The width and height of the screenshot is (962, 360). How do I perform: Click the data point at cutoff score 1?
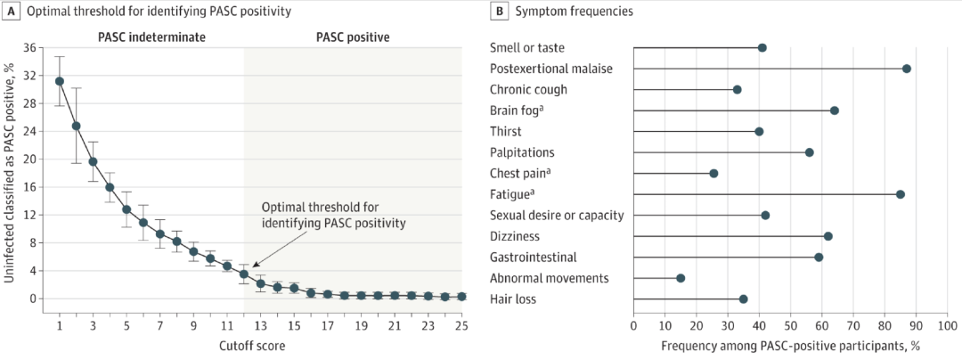click(60, 81)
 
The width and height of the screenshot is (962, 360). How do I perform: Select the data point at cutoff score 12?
click(243, 274)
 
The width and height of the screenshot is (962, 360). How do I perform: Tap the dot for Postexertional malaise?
click(907, 69)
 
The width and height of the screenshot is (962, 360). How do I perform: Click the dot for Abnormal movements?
click(681, 278)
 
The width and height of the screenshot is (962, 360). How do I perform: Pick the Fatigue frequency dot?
click(900, 194)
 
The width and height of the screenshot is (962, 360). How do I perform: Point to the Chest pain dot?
click(713, 174)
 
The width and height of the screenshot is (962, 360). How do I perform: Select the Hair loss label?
click(513, 299)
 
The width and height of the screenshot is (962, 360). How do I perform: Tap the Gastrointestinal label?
click(534, 257)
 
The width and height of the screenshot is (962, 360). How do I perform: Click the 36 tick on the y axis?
click(30, 48)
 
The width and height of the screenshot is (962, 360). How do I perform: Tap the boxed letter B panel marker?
click(501, 11)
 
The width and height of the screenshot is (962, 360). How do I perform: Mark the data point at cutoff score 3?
click(94, 161)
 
